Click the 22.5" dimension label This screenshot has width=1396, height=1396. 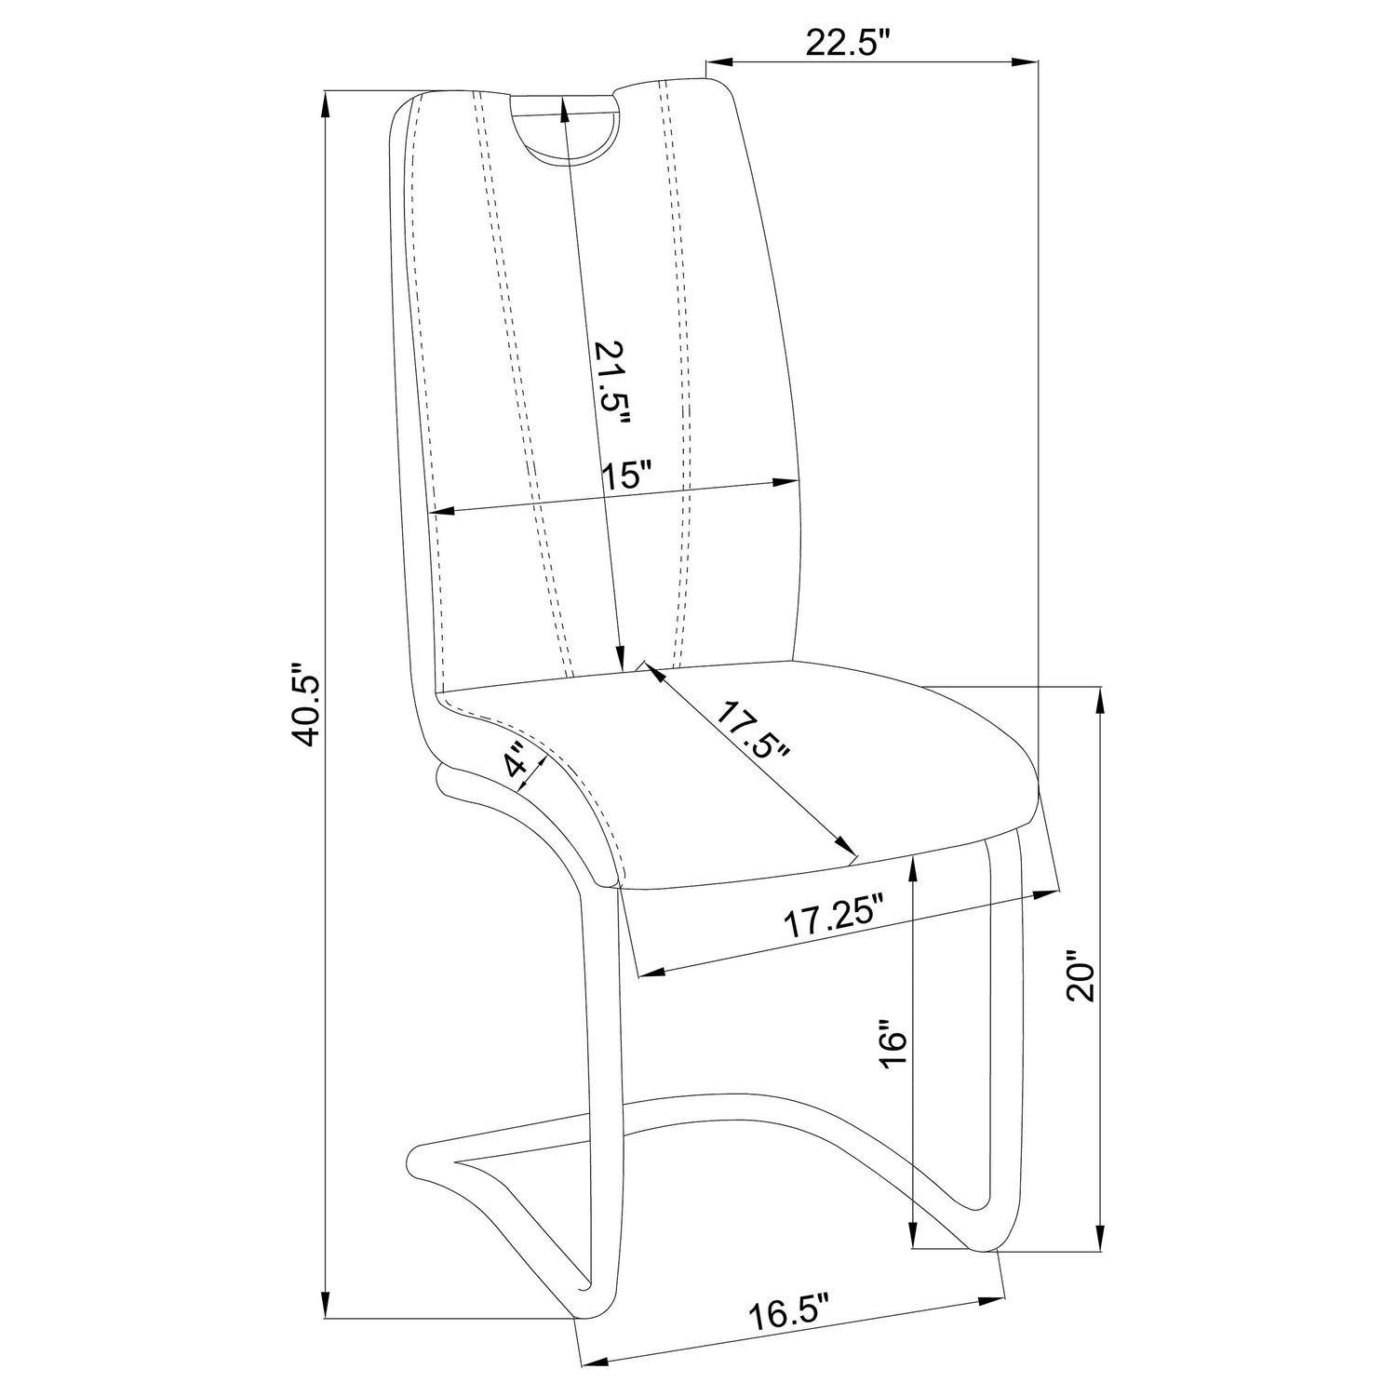[x=848, y=43]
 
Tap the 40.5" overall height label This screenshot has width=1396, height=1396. [x=306, y=705]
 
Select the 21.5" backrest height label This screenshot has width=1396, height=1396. [x=612, y=395]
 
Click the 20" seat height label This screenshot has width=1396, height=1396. [x=1082, y=975]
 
